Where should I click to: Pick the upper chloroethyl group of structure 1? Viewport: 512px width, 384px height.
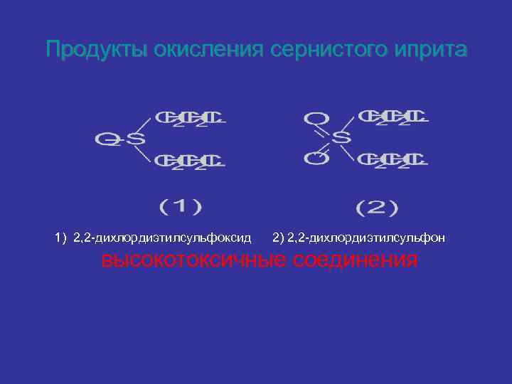point(190,119)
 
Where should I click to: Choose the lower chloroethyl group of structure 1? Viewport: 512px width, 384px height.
point(190,161)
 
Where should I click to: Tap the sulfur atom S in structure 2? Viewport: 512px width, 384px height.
point(341,137)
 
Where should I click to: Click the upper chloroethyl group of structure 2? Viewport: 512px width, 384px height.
point(393,117)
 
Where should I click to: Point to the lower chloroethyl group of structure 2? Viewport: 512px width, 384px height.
point(393,159)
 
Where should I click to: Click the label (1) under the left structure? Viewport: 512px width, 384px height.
point(181,206)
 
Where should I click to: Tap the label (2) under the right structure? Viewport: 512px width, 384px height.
point(377,208)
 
